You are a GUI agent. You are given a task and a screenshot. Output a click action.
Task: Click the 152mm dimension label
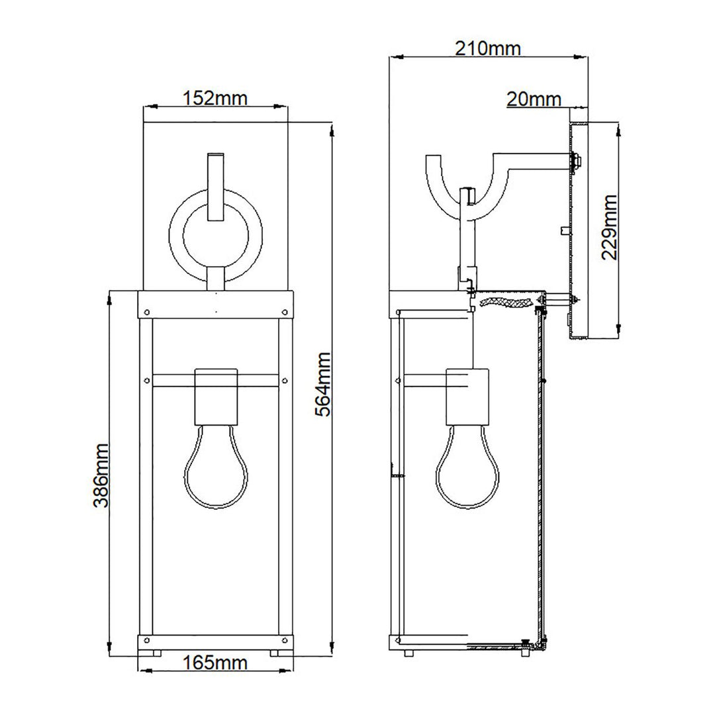coord(215,99)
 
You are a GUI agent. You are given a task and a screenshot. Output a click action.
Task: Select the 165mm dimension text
coord(215,663)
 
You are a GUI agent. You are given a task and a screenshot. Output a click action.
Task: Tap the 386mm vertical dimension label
coord(101,475)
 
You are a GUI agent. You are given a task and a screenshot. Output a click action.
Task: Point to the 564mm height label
coord(322,384)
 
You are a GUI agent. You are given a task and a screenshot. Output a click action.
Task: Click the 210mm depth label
coord(488,48)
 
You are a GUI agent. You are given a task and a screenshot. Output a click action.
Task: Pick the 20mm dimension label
coord(534,99)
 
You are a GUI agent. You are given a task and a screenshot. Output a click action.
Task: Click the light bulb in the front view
coord(215,471)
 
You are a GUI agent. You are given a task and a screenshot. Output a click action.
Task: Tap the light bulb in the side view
coord(467,471)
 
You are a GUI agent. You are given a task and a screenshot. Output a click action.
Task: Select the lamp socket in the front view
coord(215,397)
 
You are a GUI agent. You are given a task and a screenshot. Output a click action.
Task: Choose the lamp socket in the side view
coord(467,397)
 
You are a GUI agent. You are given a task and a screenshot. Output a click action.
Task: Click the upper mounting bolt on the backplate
coord(576,160)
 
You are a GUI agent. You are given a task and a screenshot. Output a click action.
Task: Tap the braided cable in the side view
coord(506,303)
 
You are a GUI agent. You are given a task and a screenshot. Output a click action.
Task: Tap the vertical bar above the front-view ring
coord(216,185)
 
